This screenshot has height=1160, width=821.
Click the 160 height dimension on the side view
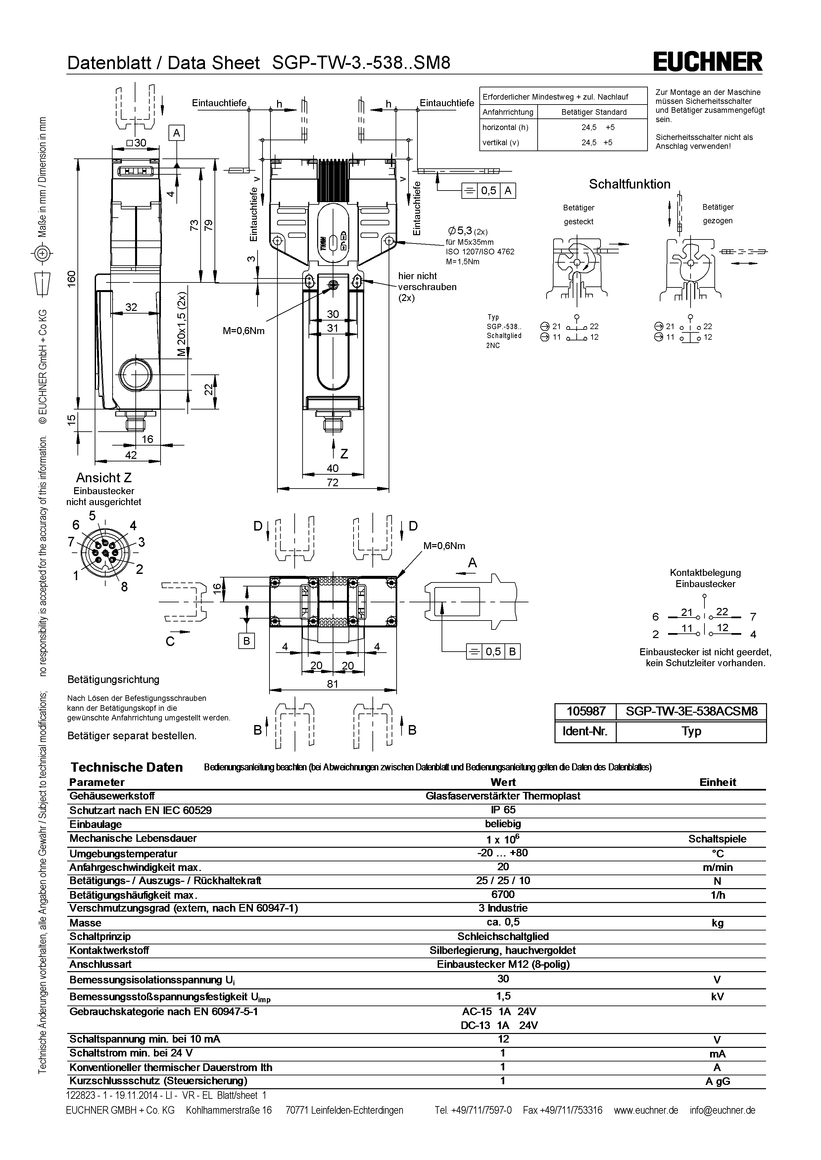pos(72,278)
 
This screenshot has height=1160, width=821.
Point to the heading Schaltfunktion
pos(629,185)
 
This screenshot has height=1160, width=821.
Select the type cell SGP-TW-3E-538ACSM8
pos(691,711)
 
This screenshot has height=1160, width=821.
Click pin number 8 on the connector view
pos(124,586)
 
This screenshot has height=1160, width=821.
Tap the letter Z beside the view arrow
pos(344,454)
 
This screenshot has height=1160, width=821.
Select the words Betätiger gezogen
pos(717,214)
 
